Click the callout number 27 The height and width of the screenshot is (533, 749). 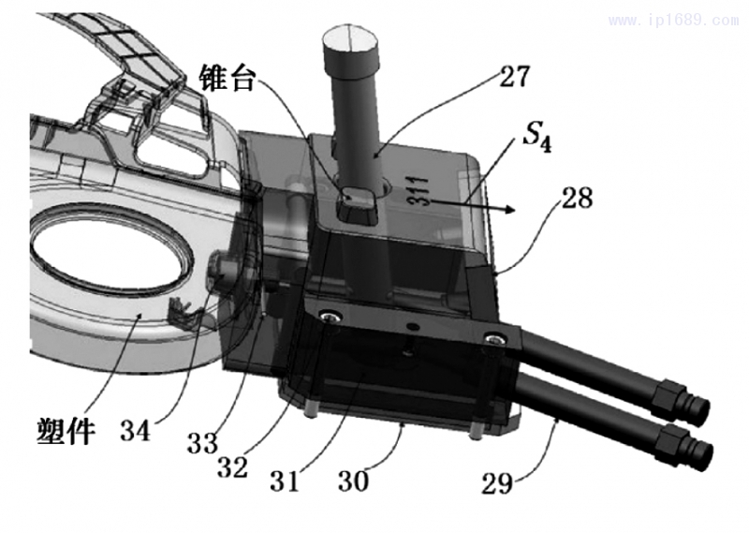coord(513,76)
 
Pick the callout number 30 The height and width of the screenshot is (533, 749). coord(353,481)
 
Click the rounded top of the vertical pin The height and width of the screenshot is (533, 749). coord(348,42)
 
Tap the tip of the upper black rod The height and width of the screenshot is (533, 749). coord(698,409)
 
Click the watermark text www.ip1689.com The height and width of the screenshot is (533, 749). coord(672,20)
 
